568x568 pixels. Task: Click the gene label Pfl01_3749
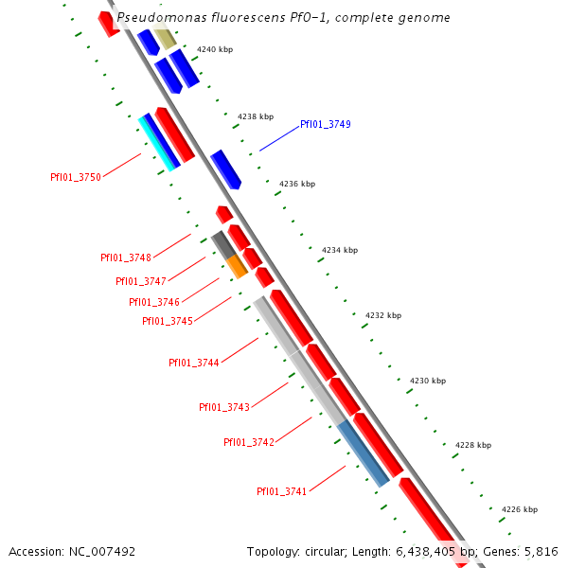325,124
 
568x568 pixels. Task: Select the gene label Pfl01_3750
75,177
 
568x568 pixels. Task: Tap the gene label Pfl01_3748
126,257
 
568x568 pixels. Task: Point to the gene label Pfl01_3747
141,281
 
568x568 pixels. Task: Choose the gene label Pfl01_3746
154,302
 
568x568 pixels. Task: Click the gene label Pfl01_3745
168,321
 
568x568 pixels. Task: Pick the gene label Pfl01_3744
194,363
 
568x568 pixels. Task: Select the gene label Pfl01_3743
224,407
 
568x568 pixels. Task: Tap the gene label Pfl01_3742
249,442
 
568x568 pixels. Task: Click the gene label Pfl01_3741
281,491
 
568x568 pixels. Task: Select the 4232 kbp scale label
382,315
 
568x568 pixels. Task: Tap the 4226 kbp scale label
519,509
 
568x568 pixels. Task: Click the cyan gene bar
158,143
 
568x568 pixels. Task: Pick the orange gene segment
237,266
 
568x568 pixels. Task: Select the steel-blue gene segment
364,453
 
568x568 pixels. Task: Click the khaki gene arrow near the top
165,38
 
